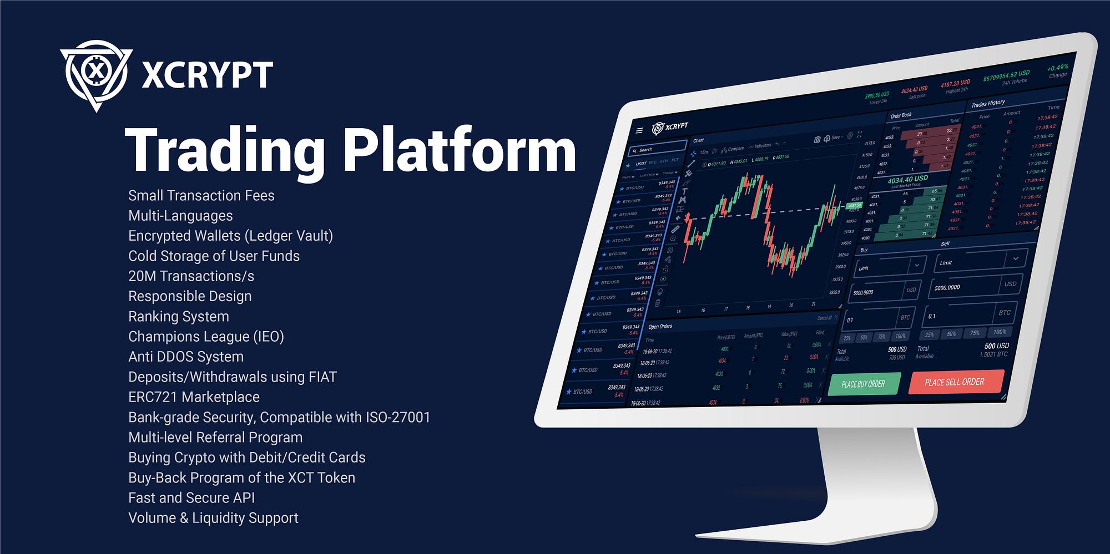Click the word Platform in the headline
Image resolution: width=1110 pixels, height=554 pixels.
coord(460,151)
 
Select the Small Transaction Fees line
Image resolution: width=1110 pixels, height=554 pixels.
coord(201,196)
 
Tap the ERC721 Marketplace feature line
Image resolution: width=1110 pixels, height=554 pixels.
coord(194,397)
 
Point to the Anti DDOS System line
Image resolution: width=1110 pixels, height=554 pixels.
coord(186,357)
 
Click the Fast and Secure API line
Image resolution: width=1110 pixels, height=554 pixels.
coord(191,498)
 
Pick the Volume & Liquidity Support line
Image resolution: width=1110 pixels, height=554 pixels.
coord(213,518)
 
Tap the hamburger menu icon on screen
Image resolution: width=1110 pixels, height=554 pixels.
coord(639,130)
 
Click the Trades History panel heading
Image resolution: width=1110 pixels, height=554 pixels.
coord(988,103)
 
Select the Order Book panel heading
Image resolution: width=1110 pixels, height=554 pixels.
coord(901,115)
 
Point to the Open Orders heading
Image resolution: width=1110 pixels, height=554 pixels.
coord(660,327)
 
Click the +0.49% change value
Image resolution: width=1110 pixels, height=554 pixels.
coord(1057,68)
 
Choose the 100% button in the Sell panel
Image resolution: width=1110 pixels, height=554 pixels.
coord(1000,332)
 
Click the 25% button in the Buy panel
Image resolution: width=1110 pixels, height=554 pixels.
coord(847,338)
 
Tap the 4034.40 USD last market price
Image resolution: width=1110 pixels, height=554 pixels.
coord(907,180)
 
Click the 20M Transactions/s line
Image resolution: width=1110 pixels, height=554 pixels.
coord(191,276)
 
